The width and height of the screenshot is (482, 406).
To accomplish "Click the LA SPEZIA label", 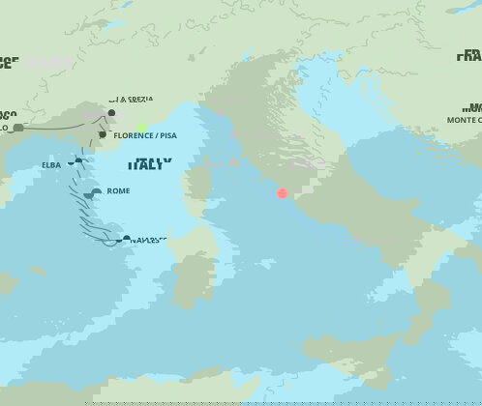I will (x=131, y=99).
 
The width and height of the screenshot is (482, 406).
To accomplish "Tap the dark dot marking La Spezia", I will (x=111, y=113).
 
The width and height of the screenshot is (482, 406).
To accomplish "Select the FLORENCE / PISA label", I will (x=145, y=135).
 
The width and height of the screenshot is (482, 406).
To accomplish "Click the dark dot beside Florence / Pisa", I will (x=103, y=134).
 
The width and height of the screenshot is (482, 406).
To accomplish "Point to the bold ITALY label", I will (x=150, y=164).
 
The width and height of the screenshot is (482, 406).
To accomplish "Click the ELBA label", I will (x=51, y=164).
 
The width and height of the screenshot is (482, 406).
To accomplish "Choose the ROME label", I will (x=118, y=191).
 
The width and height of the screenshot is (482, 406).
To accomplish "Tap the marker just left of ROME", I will (x=95, y=192).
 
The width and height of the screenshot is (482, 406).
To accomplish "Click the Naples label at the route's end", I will (x=149, y=240).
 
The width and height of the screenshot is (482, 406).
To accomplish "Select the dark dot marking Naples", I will (x=127, y=238).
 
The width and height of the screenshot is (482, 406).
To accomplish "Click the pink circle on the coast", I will (x=283, y=193).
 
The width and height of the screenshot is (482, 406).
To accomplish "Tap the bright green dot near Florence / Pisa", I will (x=142, y=128).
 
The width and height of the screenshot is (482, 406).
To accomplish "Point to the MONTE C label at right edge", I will (x=463, y=120).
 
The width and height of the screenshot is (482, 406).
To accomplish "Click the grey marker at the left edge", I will (x=17, y=128).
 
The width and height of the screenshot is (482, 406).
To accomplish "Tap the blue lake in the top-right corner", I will (x=463, y=7).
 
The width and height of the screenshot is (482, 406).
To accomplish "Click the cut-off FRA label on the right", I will (x=468, y=56).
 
